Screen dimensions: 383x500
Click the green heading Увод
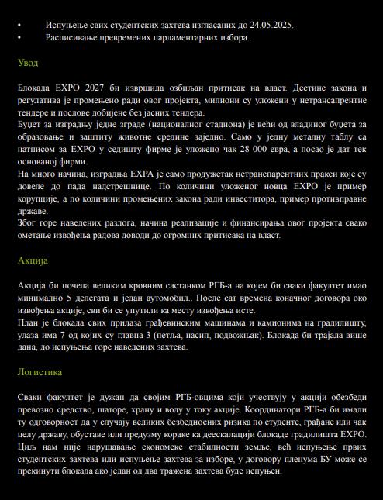(x=28, y=63)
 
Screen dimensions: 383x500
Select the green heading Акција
(x=33, y=260)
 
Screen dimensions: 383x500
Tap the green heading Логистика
(x=40, y=372)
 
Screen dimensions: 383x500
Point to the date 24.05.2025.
(x=271, y=25)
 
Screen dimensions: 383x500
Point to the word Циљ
(x=28, y=447)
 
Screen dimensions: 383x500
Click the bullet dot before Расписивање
(x=20, y=37)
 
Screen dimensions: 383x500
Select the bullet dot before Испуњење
(x=20, y=25)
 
